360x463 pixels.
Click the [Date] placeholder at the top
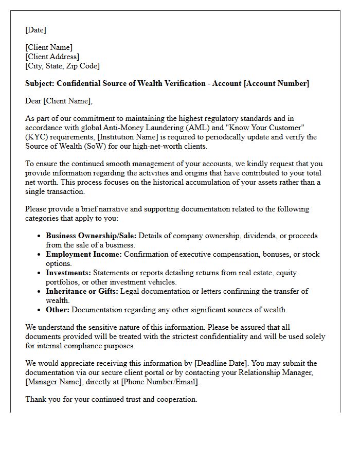point(35,30)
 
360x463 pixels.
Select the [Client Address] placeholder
point(52,57)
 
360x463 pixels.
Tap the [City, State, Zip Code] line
point(62,66)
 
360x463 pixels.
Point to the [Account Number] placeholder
point(277,83)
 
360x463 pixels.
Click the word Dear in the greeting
point(34,101)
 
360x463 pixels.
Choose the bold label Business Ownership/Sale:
point(91,236)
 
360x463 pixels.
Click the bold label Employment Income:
point(83,254)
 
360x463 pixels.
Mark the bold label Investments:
point(68,273)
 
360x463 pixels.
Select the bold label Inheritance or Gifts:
point(82,291)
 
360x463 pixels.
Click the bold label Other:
point(58,310)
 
